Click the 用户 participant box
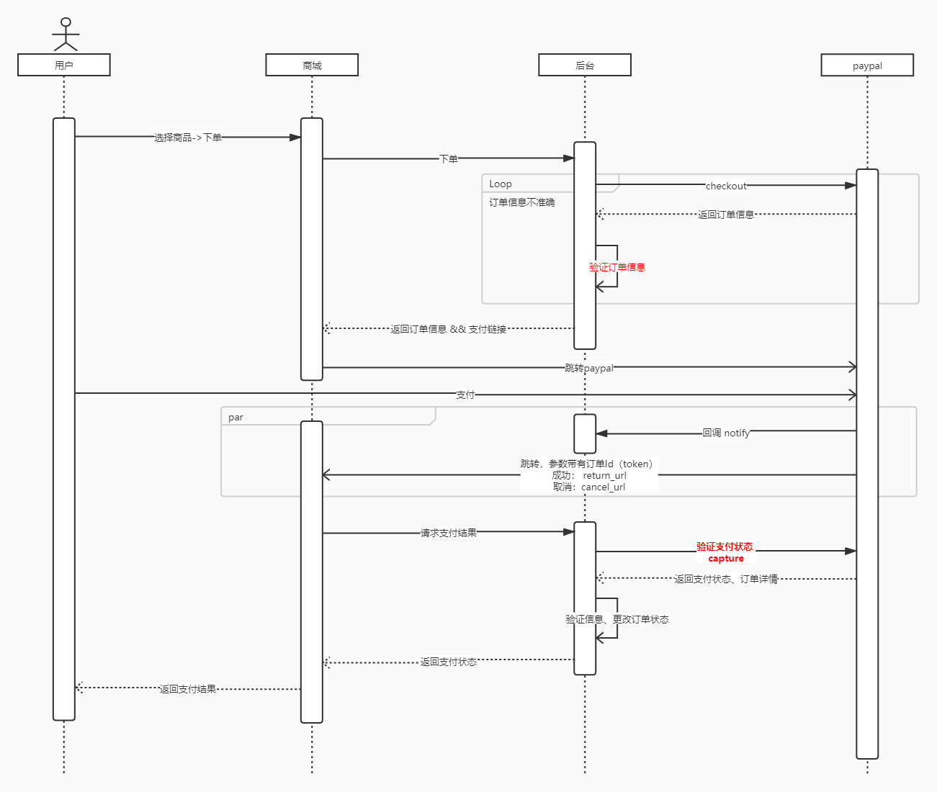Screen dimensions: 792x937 (x=64, y=65)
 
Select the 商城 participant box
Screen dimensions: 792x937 (x=312, y=65)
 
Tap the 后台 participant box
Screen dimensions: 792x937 (x=585, y=65)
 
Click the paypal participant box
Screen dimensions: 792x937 (x=867, y=66)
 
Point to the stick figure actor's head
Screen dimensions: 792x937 (x=66, y=22)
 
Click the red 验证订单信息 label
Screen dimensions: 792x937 (x=617, y=267)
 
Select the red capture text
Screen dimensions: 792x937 (x=726, y=559)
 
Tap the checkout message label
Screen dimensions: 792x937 (x=726, y=186)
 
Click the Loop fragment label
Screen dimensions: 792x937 (x=501, y=184)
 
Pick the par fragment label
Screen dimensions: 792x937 (x=236, y=417)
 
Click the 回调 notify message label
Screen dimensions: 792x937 (x=726, y=433)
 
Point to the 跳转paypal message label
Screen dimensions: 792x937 (x=589, y=368)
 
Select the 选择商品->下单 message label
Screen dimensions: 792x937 (x=188, y=138)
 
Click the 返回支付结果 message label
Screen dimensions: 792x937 (x=188, y=689)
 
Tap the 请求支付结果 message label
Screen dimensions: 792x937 (x=449, y=533)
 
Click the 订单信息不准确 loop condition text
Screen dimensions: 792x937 (x=522, y=202)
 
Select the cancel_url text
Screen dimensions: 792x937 (x=603, y=487)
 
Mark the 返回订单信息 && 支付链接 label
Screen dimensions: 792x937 (x=449, y=329)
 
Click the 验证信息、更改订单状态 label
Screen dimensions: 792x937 (x=617, y=619)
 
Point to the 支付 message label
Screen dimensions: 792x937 (x=465, y=395)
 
